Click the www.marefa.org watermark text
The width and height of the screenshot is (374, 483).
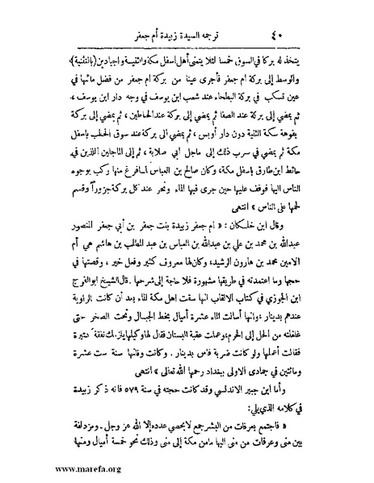(x=49, y=465)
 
